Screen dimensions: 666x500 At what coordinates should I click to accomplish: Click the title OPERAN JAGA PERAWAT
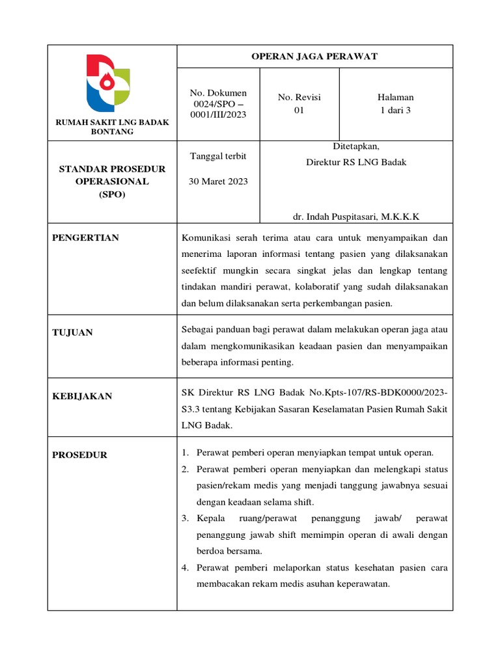coord(314,57)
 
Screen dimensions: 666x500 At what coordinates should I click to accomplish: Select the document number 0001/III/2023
coord(218,114)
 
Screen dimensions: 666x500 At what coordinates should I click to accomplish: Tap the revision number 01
coord(299,110)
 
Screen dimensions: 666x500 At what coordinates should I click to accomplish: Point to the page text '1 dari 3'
coord(396,110)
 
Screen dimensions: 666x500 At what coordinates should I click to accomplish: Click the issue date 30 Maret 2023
coord(218,181)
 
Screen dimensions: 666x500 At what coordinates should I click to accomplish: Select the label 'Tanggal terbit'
coord(218,156)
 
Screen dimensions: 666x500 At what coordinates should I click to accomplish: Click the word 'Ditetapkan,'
coord(356,146)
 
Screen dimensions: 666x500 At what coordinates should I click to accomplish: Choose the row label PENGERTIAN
coord(85,238)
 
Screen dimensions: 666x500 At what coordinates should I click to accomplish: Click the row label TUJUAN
coord(72,332)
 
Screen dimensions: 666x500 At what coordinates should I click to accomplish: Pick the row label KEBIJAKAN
coord(82,396)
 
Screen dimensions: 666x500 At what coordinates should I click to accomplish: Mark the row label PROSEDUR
coord(80,455)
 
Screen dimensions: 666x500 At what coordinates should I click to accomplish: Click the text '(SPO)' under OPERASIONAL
coord(113,194)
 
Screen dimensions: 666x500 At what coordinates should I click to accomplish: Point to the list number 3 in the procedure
coord(185,518)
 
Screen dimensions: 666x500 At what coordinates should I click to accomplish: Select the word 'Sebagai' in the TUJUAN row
coord(199,329)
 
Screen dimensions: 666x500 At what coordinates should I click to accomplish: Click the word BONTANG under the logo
coord(113,131)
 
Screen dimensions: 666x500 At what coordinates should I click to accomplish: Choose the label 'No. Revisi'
coord(299,97)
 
